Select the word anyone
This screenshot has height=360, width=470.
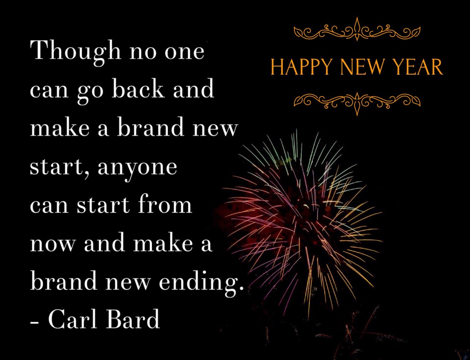coord(137,168)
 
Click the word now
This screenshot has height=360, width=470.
coord(53,244)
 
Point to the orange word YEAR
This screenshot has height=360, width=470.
coord(418,67)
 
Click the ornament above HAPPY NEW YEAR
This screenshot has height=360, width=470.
coord(357,30)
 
